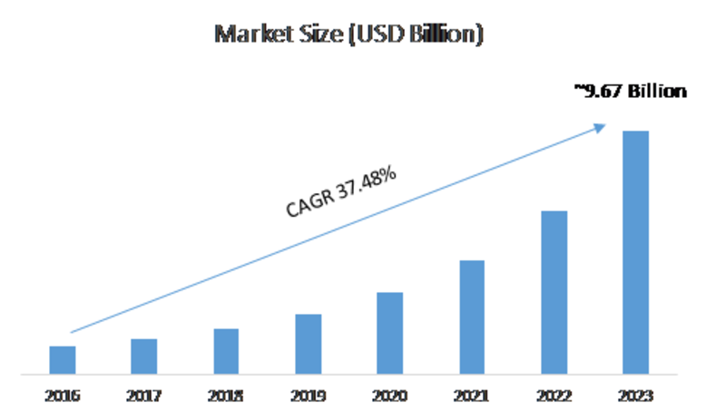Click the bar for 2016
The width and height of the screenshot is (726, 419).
point(63,359)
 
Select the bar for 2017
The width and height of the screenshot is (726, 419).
point(144,356)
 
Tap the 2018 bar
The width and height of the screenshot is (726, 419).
point(226,350)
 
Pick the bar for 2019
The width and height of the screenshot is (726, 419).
point(309,343)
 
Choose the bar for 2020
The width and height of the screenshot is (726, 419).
point(390,332)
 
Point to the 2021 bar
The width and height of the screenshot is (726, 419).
point(472,317)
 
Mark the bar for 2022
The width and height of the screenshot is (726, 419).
point(554,292)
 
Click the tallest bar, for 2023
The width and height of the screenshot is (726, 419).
point(635,252)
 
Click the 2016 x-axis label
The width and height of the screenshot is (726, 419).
point(63,396)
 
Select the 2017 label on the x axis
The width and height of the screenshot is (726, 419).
point(144,396)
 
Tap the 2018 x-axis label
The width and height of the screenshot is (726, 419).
point(226,396)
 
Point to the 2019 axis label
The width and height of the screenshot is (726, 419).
point(309,396)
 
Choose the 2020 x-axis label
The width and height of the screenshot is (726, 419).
point(390,396)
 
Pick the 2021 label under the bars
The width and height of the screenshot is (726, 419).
point(472,396)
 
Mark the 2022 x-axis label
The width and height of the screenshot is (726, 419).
point(554,396)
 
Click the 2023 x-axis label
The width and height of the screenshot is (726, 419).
point(635,396)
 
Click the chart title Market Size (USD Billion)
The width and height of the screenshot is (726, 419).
point(348,35)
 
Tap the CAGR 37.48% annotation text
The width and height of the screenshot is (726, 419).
point(340,192)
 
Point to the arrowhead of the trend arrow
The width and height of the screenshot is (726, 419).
point(602,127)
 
